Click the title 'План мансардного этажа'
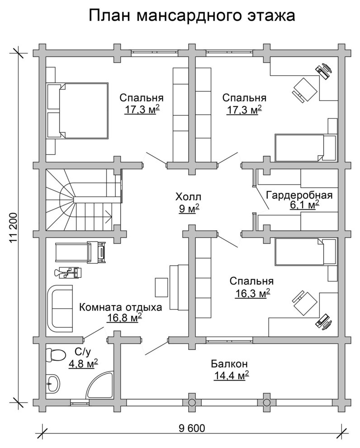tap(192, 16)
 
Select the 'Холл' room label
tap(188, 197)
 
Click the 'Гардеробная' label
tap(299, 195)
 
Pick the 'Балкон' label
tap(229, 364)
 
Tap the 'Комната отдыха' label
tap(120, 307)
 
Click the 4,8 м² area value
tap(83, 364)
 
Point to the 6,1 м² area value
tap(304, 205)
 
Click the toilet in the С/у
tap(55, 355)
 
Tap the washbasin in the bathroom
tap(53, 383)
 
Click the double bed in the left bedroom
tap(78, 111)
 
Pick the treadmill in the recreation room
tap(80, 252)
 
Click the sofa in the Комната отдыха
tap(59, 308)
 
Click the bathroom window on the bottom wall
tap(80, 403)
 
